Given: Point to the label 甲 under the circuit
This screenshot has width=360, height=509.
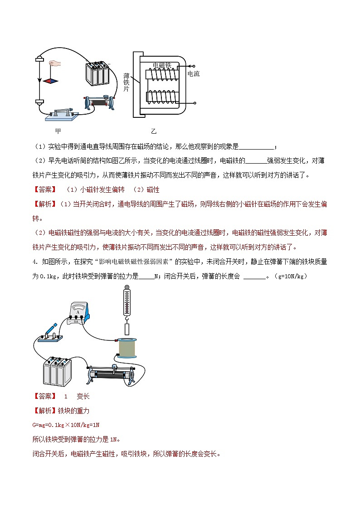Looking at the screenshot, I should [58, 131].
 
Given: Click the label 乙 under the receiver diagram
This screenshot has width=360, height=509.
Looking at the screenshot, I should [154, 131].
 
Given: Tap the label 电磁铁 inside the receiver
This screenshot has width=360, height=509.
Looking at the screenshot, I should [162, 65].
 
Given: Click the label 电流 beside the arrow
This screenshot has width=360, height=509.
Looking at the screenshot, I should [193, 73].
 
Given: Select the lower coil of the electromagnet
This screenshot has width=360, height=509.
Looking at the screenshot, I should [162, 96].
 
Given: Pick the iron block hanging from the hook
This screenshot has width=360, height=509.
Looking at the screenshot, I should [127, 330].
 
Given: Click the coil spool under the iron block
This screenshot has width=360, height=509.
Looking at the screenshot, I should [127, 348].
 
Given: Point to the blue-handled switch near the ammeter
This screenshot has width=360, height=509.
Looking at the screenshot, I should [48, 334].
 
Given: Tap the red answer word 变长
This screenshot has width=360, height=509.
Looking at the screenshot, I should [83, 396].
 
